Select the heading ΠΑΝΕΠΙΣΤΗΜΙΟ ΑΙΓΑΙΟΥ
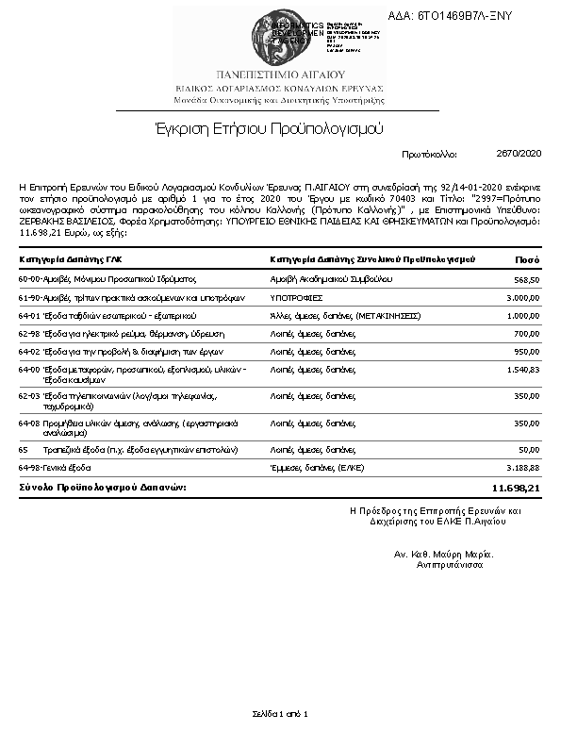click(x=280, y=73)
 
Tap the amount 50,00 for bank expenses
click(x=528, y=450)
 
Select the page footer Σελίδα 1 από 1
click(x=280, y=713)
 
